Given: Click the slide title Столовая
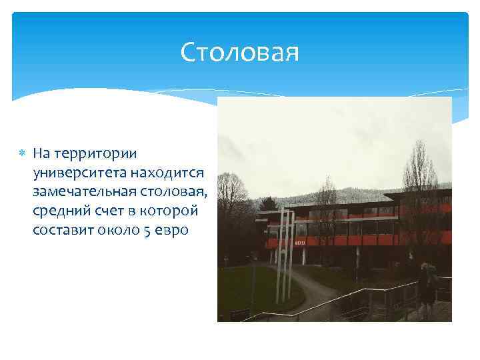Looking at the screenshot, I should [x=240, y=53].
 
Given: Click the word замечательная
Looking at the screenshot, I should [x=84, y=192].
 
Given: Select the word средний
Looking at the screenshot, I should [x=59, y=211].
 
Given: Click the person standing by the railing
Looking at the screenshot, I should [x=427, y=287].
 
